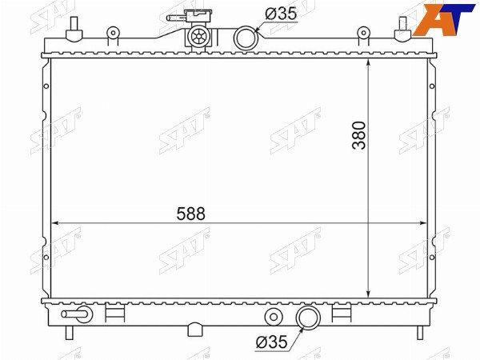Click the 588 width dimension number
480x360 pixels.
tap(190, 214)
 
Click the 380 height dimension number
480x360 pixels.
tap(358, 135)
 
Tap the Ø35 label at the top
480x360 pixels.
tap(281, 14)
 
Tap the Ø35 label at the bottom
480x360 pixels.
tap(271, 342)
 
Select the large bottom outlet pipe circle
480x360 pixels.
tap(308, 318)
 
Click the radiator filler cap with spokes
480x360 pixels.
tap(198, 37)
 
